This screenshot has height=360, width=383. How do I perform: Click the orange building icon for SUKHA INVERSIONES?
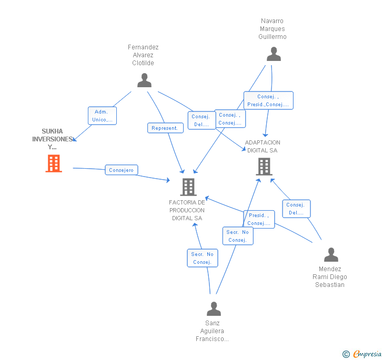coord(54,163)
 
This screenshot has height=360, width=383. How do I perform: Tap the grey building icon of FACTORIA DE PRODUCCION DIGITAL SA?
coord(188,187)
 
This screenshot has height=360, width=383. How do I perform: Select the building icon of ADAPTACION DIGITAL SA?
coord(264,167)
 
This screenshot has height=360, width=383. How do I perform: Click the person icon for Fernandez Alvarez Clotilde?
coord(144,80)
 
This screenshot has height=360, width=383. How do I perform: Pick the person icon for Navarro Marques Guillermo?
coord(274,54)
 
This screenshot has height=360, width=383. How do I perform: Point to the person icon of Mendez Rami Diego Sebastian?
coord(331,254)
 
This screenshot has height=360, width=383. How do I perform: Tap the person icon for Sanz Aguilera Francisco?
coord(214,308)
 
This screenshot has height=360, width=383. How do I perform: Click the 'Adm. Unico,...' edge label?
coord(102,116)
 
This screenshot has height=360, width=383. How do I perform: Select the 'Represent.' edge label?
coord(165,128)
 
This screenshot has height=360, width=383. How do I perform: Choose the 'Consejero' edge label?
coord(122,170)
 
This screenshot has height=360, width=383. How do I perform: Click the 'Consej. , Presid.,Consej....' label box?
coord(268,100)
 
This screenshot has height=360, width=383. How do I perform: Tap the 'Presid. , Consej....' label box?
coord(259,219)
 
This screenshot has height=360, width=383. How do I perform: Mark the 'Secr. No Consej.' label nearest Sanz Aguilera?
coord(203,258)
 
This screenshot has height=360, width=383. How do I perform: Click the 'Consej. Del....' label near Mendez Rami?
coord(296,209)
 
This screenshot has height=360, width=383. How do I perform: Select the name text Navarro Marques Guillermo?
coord(273,29)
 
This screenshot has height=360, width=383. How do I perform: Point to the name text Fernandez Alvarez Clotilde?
coord(143,55)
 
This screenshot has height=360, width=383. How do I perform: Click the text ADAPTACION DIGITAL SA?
coord(263,146)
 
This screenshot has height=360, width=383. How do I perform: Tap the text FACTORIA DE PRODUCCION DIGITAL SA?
coord(187,210)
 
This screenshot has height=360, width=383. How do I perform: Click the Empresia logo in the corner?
coord(362,354)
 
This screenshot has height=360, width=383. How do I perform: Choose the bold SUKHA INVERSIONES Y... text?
coord(52,139)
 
